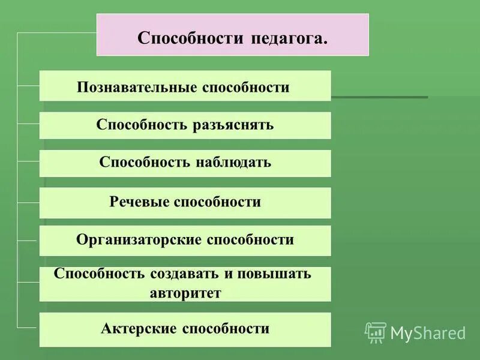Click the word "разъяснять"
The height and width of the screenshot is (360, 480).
pos(233,125)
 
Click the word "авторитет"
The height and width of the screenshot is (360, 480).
pos(185,294)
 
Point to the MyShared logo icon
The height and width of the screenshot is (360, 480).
pos(376,332)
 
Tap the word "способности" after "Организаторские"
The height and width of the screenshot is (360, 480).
pos(250,240)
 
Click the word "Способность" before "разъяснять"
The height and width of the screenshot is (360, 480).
pos(142,125)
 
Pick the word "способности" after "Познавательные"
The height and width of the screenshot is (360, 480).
pos(246,88)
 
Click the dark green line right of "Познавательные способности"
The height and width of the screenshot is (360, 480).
pos(379,97)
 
